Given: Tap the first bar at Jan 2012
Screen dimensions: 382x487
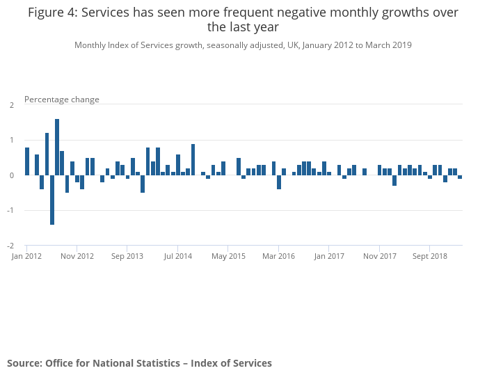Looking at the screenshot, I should [27, 161].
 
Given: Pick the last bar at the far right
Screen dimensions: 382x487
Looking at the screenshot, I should [460, 177].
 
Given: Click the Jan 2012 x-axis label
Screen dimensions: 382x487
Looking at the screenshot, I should [27, 256].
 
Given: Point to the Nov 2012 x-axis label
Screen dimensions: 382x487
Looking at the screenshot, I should [77, 256].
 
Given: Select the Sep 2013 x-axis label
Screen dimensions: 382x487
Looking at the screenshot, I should [127, 256].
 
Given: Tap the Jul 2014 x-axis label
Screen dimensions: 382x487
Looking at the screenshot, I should [178, 256].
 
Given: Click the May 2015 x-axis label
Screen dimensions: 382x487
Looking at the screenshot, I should [228, 256].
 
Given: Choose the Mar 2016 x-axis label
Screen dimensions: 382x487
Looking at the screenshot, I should [278, 256].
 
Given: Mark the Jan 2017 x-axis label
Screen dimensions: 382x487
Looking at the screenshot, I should [329, 256].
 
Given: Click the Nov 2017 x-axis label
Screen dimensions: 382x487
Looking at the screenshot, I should [379, 256].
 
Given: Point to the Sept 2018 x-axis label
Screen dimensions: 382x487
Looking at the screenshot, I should [429, 256].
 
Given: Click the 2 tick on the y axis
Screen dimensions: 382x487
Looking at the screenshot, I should [12, 105].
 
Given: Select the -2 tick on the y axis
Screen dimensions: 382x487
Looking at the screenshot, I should [10, 246].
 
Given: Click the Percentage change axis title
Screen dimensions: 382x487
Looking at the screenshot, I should [62, 100].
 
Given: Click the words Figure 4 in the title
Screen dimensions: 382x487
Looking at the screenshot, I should [54, 13].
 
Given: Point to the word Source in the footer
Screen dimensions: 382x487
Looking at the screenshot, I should [24, 363].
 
